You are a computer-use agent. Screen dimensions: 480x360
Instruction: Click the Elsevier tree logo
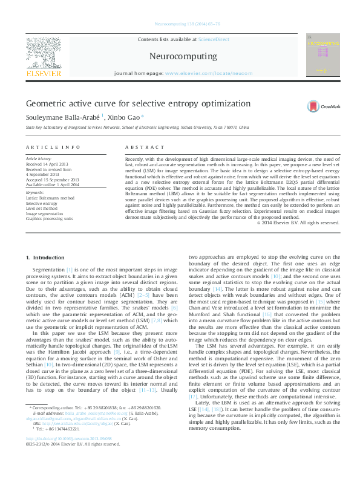(x=44, y=52)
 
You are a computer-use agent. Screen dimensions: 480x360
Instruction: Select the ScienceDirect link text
(x=214, y=39)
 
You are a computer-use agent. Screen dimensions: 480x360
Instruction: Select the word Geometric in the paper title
(x=45, y=103)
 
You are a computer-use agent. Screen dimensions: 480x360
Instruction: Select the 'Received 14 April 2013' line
(x=47, y=164)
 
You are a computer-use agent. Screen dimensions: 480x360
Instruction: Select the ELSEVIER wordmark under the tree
(x=44, y=74)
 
